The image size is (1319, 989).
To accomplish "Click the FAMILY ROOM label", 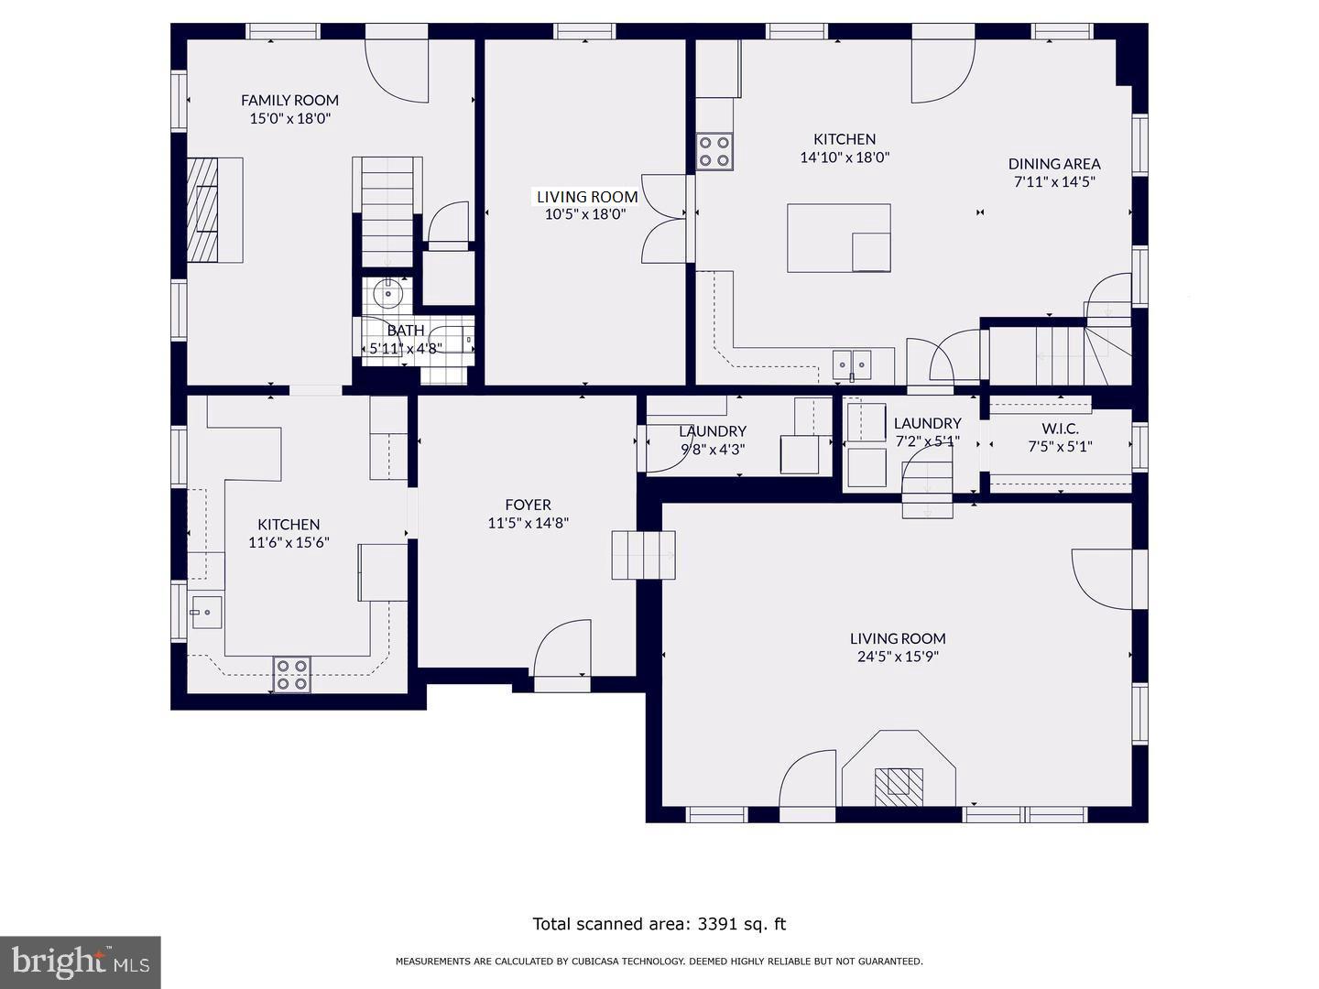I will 289,101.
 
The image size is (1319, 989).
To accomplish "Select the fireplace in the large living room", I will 898,783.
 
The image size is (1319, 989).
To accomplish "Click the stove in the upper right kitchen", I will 714,152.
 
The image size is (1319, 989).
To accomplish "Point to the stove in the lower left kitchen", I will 291,674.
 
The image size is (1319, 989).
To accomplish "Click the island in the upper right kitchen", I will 838,238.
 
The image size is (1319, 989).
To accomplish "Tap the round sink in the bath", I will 388,294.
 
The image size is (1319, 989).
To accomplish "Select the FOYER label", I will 528,505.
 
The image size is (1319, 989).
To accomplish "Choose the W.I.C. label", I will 1060,429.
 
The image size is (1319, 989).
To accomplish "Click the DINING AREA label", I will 1054,164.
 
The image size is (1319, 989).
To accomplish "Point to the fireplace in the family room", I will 214,211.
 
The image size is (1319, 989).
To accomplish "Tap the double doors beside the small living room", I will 665,218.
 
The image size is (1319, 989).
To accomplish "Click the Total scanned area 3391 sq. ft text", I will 659,924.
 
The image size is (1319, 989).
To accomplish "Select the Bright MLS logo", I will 81,962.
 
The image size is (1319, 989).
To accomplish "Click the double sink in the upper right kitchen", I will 852,364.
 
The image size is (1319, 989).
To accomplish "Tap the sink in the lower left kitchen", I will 206,612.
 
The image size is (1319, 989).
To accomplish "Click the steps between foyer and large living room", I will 643,555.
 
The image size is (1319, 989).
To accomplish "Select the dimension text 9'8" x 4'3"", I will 713,450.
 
